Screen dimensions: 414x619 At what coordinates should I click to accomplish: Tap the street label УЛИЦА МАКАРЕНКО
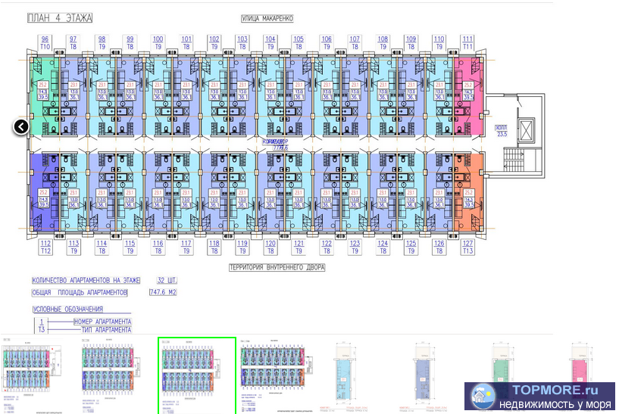point(267,17)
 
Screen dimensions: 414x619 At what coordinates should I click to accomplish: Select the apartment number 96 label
point(45,39)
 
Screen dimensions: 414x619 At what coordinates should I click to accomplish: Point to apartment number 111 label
point(467,39)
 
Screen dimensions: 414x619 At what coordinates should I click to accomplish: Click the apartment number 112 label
point(45,243)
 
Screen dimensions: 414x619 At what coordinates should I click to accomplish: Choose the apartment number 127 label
point(467,243)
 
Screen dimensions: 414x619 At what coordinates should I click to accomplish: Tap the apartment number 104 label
point(270,39)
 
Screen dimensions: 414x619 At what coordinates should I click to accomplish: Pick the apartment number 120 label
point(270,243)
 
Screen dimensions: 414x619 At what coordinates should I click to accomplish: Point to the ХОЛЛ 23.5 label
point(501,130)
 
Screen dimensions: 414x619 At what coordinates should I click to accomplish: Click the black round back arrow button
point(21,126)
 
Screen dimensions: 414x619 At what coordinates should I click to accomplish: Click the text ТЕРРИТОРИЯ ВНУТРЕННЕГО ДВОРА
point(277,267)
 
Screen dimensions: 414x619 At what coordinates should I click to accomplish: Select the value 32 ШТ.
point(166,280)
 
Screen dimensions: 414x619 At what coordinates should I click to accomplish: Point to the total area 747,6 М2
point(163,292)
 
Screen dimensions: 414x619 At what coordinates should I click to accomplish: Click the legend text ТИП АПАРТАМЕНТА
point(103,330)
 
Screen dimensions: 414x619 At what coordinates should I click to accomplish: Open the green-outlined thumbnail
point(197,375)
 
